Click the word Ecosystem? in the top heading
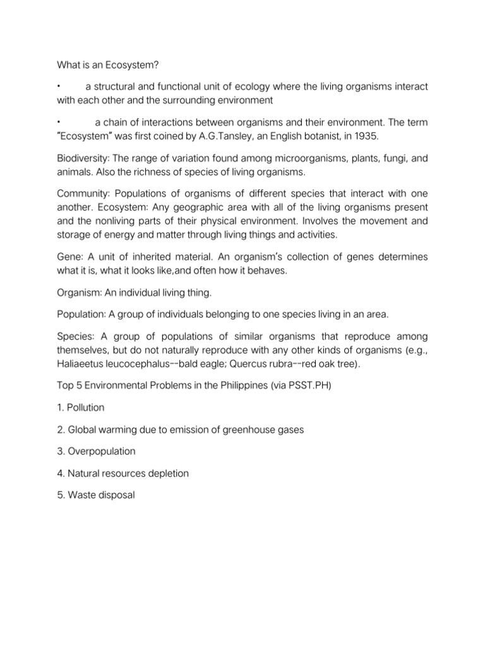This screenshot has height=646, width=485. coord(126,65)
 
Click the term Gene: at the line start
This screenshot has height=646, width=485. coord(69,255)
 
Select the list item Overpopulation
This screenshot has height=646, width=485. coord(100,452)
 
